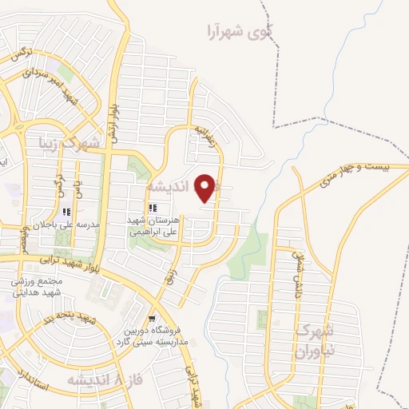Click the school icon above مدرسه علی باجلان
click(66, 212)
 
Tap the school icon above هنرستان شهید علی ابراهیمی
click(152, 208)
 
